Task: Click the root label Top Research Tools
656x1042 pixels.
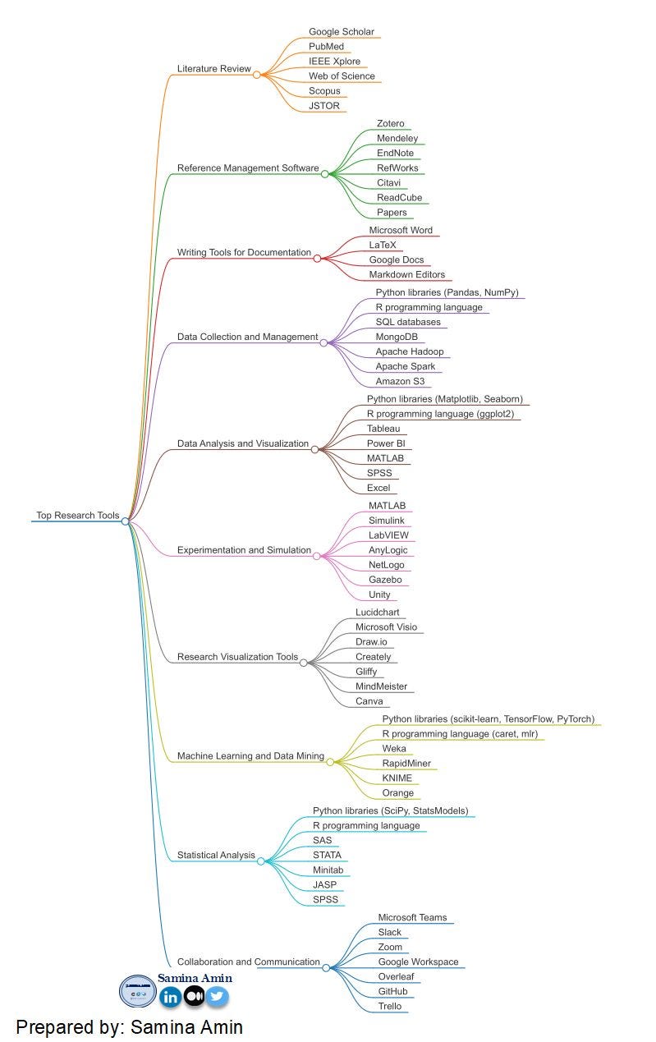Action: pyautogui.click(x=78, y=516)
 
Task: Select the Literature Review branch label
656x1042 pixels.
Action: pyautogui.click(x=213, y=69)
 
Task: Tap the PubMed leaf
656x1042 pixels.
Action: pyautogui.click(x=326, y=47)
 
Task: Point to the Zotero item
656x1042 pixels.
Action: pyautogui.click(x=390, y=124)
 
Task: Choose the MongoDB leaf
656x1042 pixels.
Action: pyautogui.click(x=398, y=337)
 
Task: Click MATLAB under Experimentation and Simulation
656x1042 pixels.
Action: pyautogui.click(x=387, y=506)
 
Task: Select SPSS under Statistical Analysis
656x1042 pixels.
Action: pyautogui.click(x=325, y=899)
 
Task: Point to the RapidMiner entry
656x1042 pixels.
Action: pyautogui.click(x=406, y=764)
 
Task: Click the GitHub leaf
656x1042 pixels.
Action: pyautogui.click(x=392, y=992)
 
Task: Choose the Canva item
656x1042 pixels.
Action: pyautogui.click(x=369, y=701)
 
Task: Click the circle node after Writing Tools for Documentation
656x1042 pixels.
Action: pyautogui.click(x=318, y=258)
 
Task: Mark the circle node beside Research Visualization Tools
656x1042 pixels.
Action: pyautogui.click(x=304, y=662)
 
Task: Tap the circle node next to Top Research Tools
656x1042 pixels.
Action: pyautogui.click(x=126, y=521)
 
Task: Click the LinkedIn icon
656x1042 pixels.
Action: pyautogui.click(x=171, y=997)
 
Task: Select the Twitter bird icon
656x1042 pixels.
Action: pyautogui.click(x=218, y=997)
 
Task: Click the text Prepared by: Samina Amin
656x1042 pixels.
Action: pyautogui.click(x=129, y=1027)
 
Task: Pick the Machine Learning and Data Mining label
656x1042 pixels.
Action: pyautogui.click(x=250, y=756)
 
